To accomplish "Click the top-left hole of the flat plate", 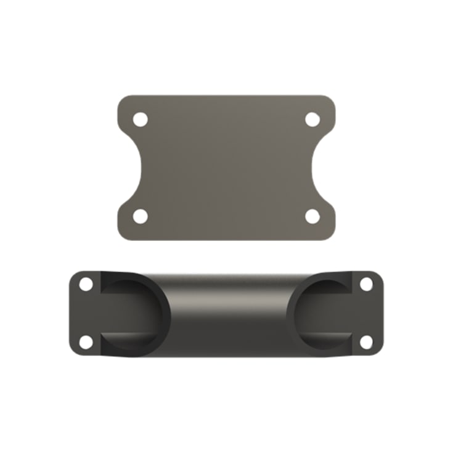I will (141, 119).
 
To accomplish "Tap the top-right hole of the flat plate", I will (312, 119).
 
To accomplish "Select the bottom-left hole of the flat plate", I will (141, 216).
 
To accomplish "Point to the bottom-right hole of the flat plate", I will (312, 216).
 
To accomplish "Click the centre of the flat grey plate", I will (226, 168).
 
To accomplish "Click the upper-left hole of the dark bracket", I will (86, 284).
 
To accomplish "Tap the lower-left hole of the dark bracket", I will (86, 341).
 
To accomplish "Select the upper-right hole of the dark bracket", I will (366, 284).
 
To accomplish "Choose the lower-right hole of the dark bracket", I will (366, 341).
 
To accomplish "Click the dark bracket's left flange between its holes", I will (84, 313).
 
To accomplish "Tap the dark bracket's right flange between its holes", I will (370, 313).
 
